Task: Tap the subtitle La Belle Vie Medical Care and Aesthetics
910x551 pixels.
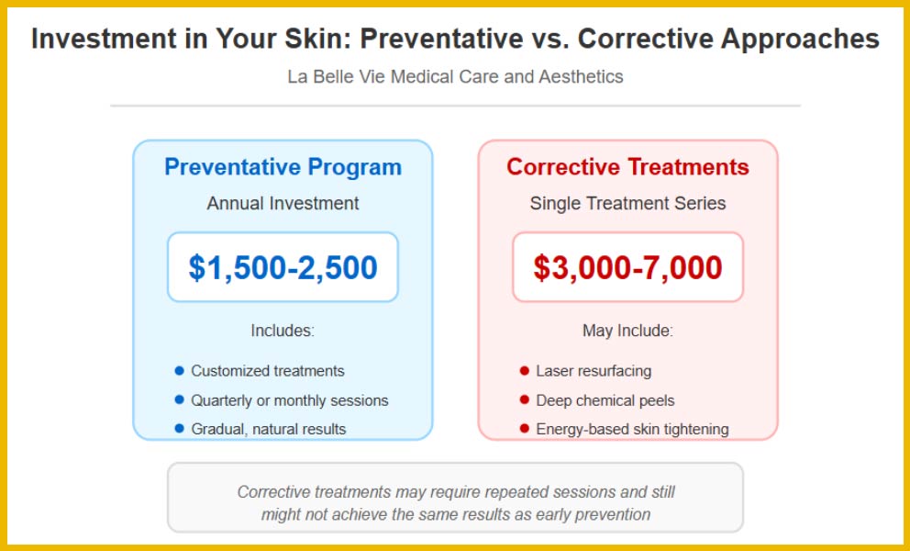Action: (x=455, y=77)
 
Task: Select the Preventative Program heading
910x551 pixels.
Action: (x=283, y=167)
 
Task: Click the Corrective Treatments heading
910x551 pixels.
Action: (x=627, y=167)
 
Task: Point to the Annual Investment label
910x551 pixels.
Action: (x=283, y=204)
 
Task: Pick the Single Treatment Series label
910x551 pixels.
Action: (x=627, y=204)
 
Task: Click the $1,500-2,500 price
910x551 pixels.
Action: (x=283, y=267)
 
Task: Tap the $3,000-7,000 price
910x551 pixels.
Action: (x=627, y=267)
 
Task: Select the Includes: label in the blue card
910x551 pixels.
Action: (x=283, y=331)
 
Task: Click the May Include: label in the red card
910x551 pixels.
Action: (x=627, y=331)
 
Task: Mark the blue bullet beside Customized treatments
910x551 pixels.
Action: (x=179, y=371)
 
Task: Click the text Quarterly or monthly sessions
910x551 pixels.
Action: (x=290, y=400)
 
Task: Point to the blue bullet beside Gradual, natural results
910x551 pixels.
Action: (x=179, y=429)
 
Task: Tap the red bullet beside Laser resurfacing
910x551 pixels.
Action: (x=525, y=371)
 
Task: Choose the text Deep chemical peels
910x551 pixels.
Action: (x=605, y=400)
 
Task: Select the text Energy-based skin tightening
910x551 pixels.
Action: (x=633, y=429)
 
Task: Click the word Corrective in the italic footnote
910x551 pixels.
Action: (x=273, y=492)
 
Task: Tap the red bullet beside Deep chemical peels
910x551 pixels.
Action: (x=525, y=399)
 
